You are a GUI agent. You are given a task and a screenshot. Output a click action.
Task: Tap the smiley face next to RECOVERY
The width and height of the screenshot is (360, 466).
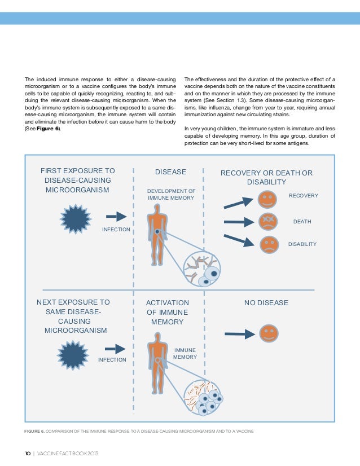[x=267, y=199]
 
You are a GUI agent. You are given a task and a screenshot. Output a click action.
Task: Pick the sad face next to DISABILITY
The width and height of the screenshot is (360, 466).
[x=269, y=244]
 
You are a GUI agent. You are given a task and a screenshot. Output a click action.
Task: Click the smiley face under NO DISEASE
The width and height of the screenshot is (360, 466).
[x=268, y=333]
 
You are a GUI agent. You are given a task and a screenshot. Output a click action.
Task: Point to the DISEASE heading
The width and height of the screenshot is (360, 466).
[x=170, y=172]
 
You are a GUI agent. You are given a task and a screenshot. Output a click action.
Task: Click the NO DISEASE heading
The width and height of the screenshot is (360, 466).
[x=266, y=303]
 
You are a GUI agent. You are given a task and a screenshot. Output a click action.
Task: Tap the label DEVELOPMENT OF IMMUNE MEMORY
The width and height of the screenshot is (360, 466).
[x=171, y=195]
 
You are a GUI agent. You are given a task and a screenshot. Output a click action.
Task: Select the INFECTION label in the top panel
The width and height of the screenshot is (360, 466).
[x=116, y=230]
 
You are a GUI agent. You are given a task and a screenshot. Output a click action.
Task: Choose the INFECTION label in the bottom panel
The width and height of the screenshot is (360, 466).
[x=112, y=359]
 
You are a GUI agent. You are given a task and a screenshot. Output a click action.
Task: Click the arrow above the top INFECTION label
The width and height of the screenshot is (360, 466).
[x=116, y=216]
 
